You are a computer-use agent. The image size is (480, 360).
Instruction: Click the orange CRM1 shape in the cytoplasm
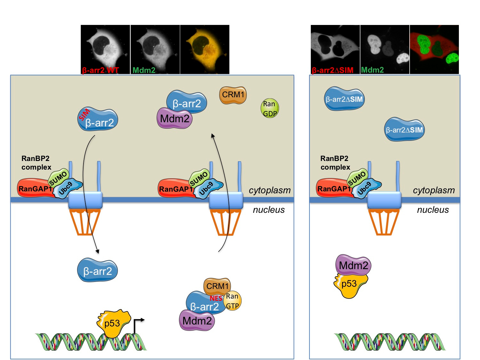[233, 95]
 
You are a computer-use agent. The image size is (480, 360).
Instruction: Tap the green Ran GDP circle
[269, 108]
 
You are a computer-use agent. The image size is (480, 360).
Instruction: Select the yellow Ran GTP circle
[232, 301]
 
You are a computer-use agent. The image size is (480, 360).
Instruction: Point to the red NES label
[216, 298]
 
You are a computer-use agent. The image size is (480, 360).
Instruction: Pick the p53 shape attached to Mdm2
[349, 285]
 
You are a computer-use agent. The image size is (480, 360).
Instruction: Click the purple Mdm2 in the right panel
[353, 265]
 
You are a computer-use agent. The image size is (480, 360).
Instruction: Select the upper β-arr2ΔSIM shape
[344, 99]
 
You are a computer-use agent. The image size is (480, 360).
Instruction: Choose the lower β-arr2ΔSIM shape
[404, 130]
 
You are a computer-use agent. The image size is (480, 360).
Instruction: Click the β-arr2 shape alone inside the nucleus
[97, 271]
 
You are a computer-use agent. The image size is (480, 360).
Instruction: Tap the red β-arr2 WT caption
[100, 70]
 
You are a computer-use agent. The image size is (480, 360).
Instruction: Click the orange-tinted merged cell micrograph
[205, 49]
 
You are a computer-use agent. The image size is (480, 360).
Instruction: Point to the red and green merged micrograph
[434, 49]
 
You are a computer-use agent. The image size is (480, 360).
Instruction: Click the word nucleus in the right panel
[433, 210]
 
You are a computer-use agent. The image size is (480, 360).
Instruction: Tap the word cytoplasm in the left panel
[269, 190]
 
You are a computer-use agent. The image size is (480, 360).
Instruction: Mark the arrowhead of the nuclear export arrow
[212, 136]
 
